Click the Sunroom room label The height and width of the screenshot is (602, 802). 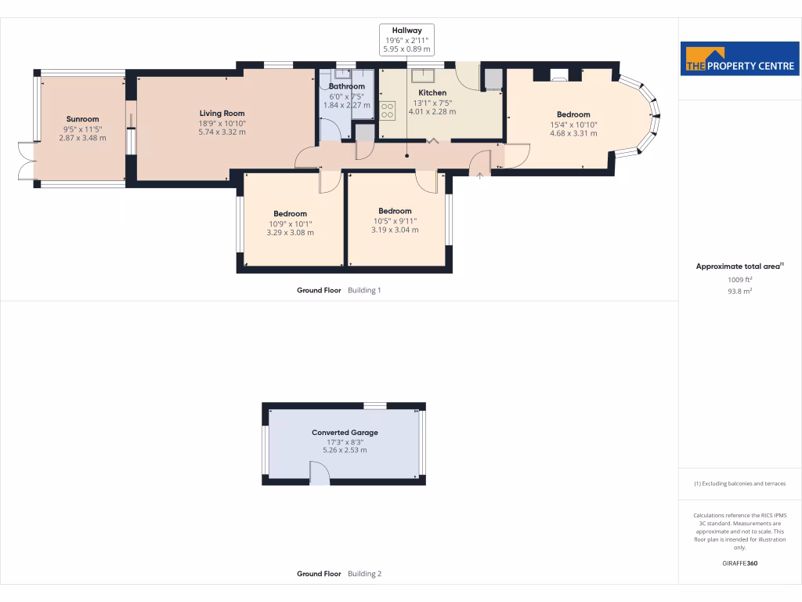[x=82, y=119]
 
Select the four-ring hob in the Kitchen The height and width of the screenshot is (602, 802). [x=387, y=111]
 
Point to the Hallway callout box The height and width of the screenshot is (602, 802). [x=406, y=39]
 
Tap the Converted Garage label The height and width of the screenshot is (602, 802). [x=345, y=433]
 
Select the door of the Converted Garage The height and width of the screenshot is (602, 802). [x=319, y=473]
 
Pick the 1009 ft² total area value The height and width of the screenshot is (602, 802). [x=740, y=279]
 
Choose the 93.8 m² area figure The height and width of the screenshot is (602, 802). [x=740, y=291]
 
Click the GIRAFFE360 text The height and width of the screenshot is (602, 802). [x=740, y=563]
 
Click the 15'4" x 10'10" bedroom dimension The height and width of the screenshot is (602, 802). [x=573, y=125]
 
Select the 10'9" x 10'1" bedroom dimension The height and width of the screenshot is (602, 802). [x=290, y=223]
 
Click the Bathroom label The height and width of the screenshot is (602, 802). [x=346, y=86]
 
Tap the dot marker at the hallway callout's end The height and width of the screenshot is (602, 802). [x=406, y=156]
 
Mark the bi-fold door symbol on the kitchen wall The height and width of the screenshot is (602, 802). [x=432, y=141]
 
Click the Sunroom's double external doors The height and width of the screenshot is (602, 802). [x=26, y=161]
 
